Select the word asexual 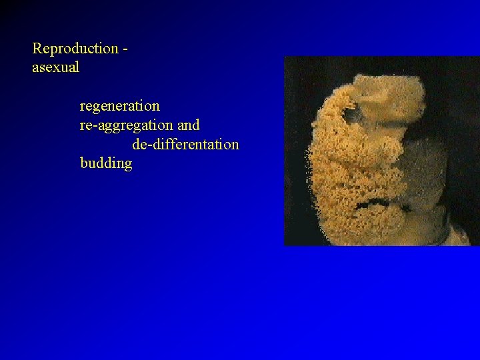click(56, 67)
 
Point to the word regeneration click(120, 106)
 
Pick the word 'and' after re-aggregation click(189, 125)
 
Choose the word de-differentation click(185, 144)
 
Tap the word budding click(106, 163)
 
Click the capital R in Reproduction click(37, 49)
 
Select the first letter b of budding click(83, 163)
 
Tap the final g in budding click(128, 165)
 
